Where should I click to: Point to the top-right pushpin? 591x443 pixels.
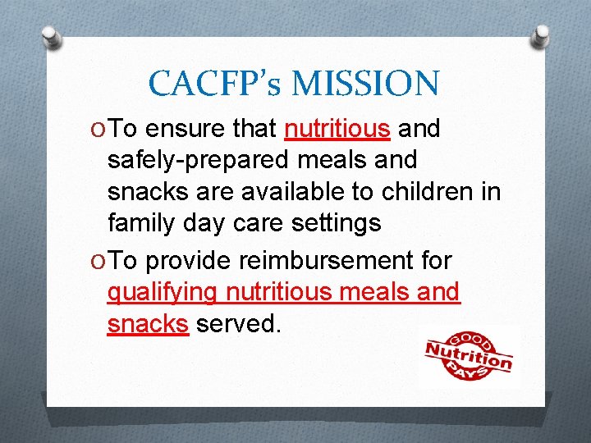click(x=540, y=34)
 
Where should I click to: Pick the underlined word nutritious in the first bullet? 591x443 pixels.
click(x=337, y=129)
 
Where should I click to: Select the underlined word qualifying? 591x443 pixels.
click(x=163, y=292)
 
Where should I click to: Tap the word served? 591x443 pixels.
click(x=239, y=323)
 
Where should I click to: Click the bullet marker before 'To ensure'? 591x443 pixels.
click(x=97, y=130)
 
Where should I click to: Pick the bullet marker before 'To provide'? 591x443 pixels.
click(x=97, y=262)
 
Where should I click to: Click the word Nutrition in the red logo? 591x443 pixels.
click(x=468, y=354)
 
